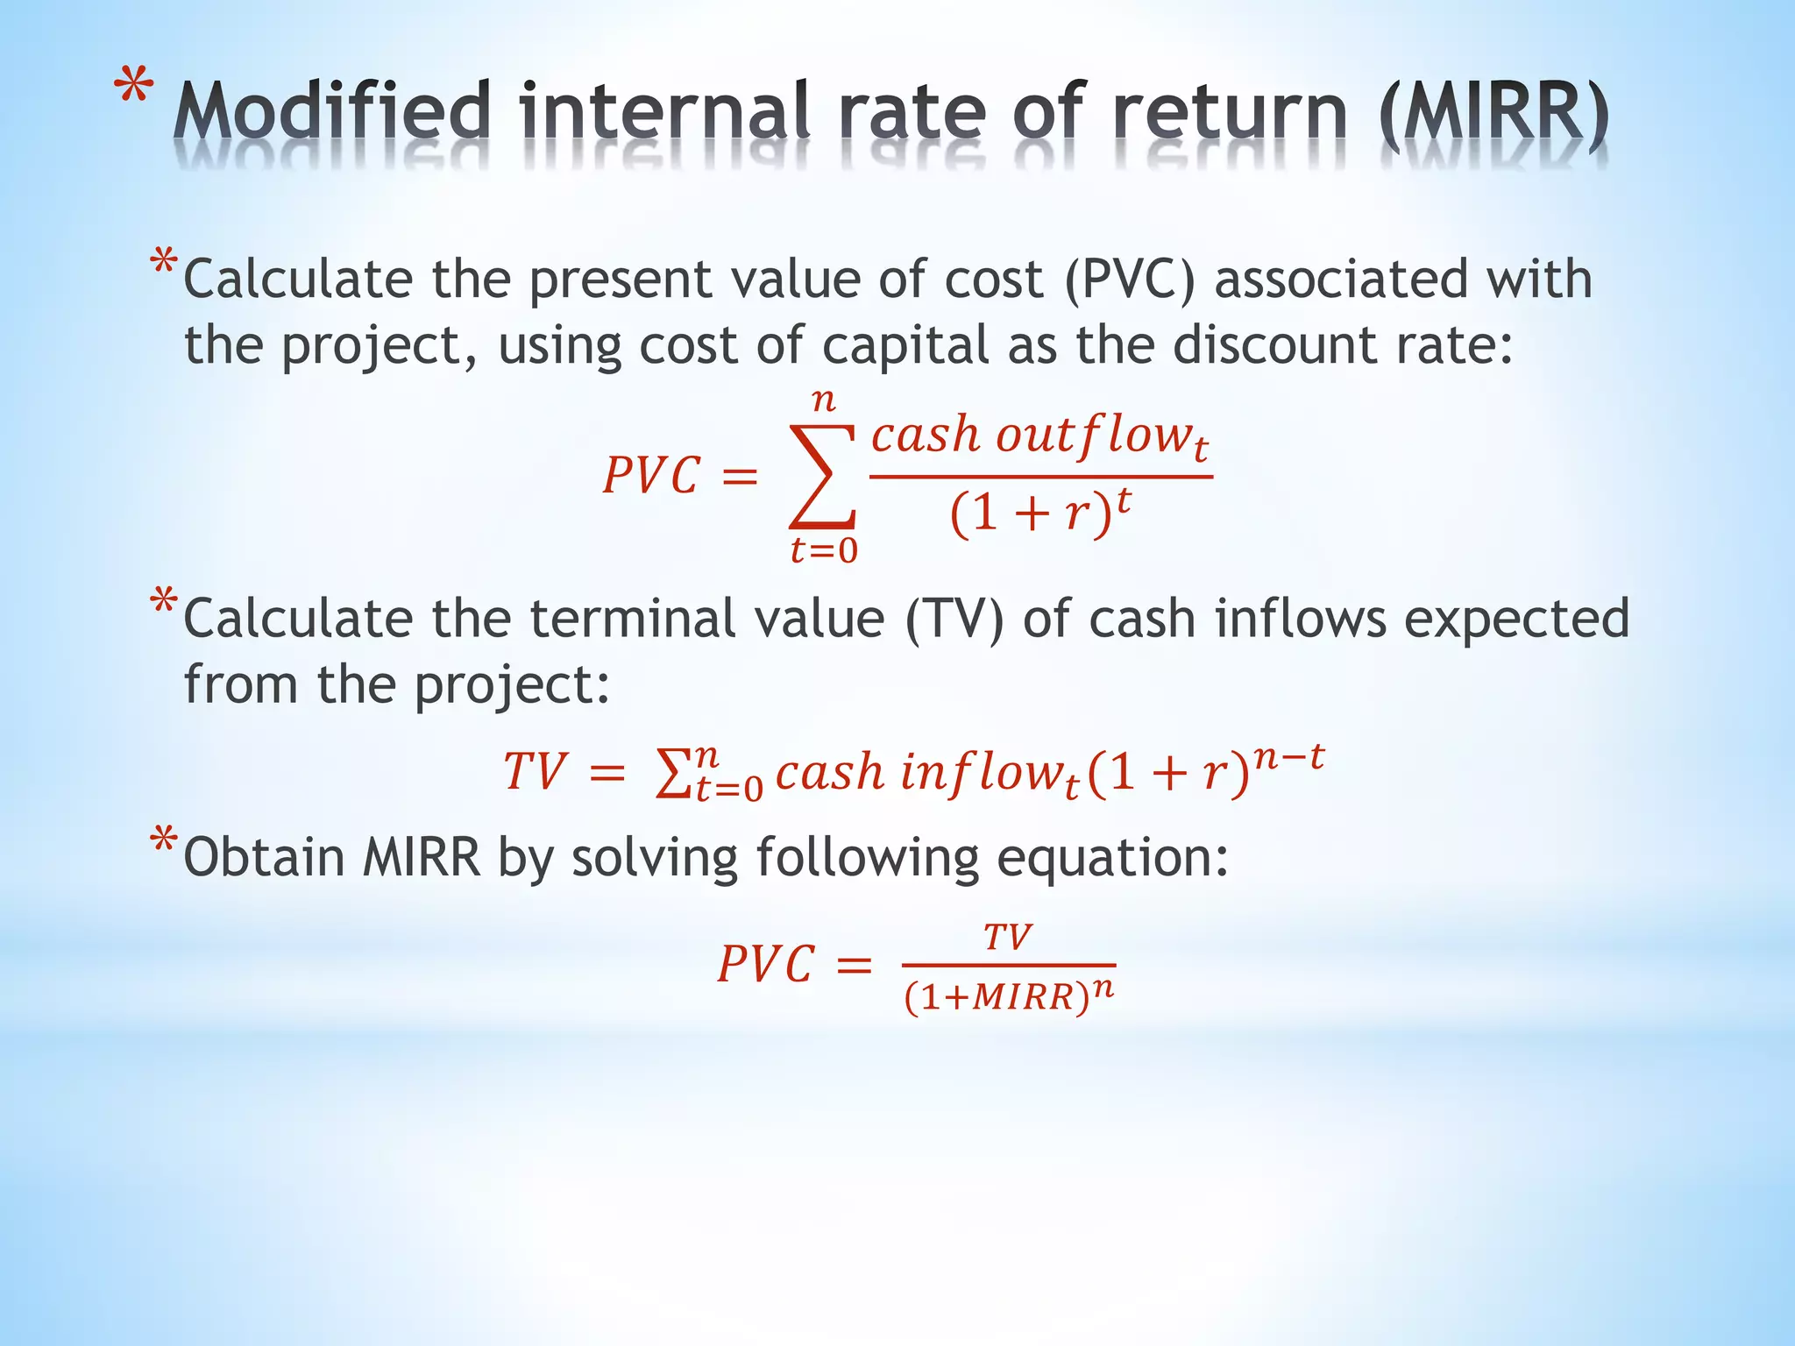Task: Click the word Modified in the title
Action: point(330,112)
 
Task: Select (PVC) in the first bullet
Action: point(1130,280)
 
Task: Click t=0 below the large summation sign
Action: point(823,551)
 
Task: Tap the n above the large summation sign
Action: point(823,400)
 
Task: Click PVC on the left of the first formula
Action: point(651,477)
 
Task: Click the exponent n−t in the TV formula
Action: point(1288,756)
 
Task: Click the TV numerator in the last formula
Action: point(1008,938)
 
